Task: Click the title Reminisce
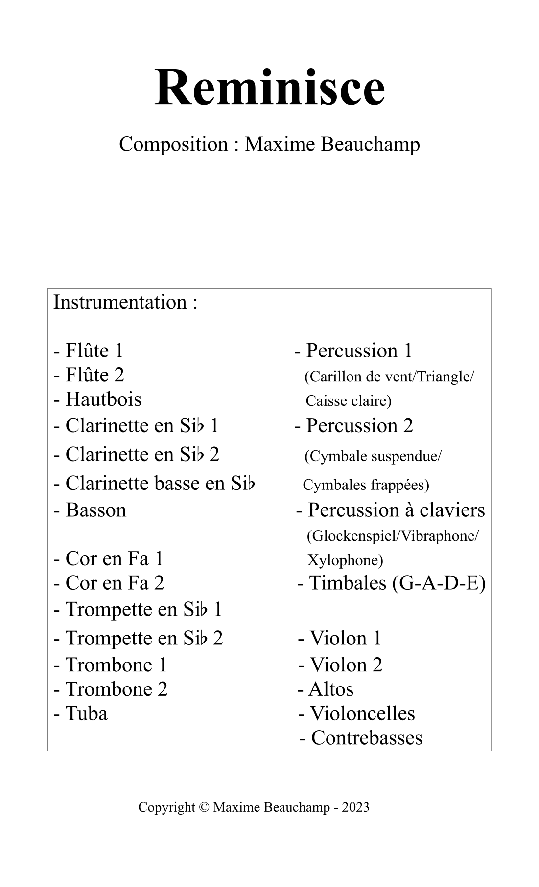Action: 270,88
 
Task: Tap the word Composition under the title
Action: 174,144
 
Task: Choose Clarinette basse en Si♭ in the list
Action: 155,483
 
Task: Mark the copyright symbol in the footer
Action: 204,807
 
